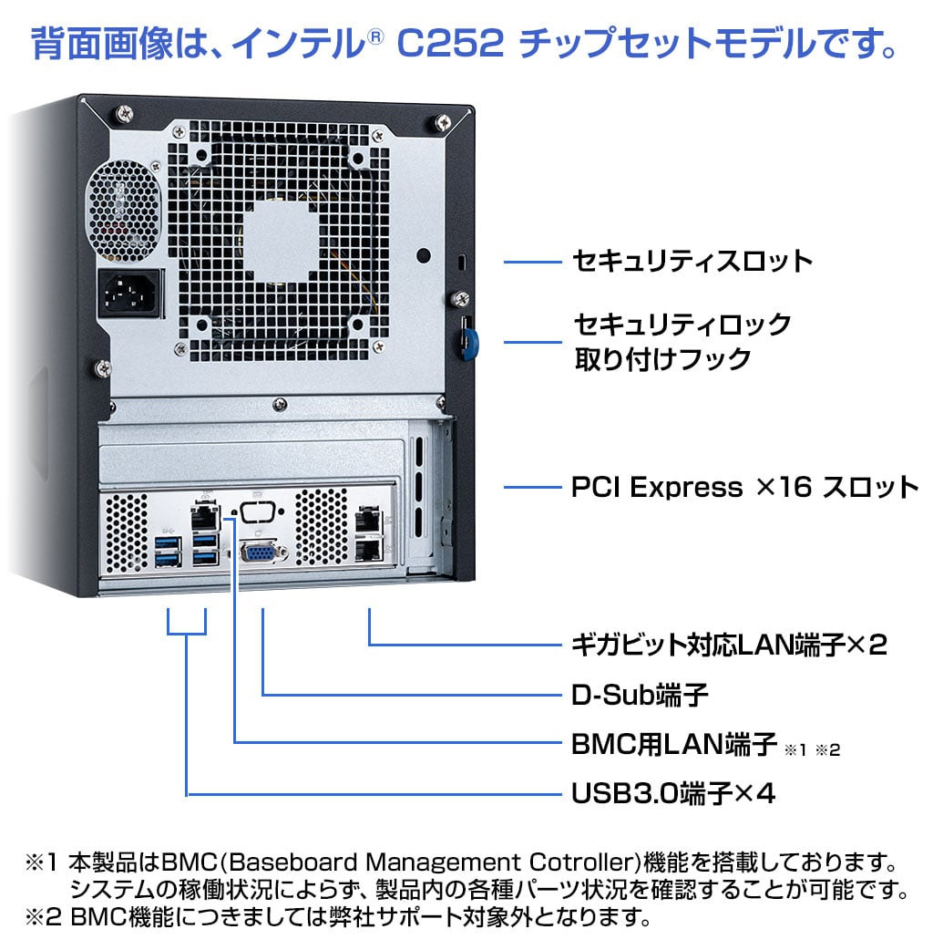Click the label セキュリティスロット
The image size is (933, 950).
692,262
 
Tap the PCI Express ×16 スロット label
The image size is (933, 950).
744,487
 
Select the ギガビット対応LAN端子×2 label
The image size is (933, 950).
723,645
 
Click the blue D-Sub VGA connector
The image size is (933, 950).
259,552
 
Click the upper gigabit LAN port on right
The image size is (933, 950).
369,519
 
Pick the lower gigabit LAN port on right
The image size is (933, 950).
369,549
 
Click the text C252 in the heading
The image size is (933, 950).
450,43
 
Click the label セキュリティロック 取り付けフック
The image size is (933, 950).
682,340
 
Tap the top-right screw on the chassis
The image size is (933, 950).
443,122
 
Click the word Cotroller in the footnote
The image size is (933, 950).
582,862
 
